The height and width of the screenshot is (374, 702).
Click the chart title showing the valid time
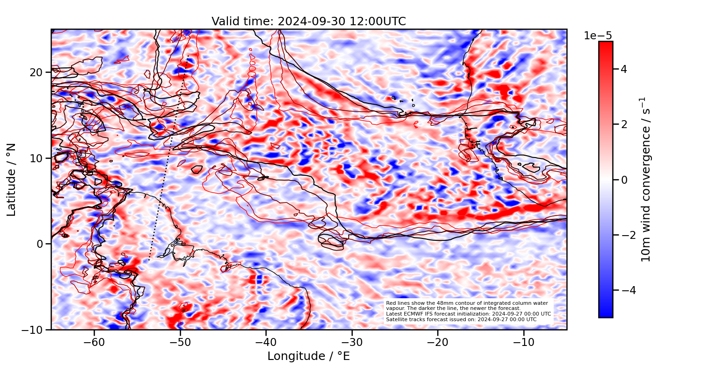tap(308, 22)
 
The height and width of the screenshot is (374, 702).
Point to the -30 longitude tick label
tap(351, 342)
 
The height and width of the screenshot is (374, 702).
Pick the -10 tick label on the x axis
tap(523, 342)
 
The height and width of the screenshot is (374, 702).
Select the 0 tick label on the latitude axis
tap(41, 244)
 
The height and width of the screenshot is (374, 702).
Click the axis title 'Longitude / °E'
tap(308, 356)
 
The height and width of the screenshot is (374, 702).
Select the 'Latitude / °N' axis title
tap(12, 180)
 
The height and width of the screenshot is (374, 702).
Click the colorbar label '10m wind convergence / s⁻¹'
tap(646, 180)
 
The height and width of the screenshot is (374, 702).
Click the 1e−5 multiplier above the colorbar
tap(598, 36)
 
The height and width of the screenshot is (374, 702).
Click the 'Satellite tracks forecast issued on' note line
tap(461, 319)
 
